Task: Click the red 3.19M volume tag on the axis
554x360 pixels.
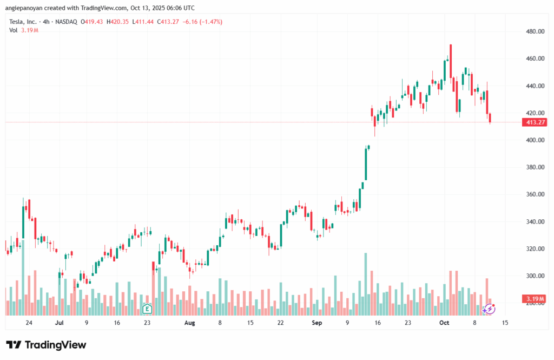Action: tap(535, 299)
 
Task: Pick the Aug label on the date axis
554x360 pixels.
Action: tap(189, 323)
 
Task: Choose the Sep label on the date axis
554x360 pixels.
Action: tap(317, 323)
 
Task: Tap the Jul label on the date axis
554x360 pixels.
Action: tap(60, 323)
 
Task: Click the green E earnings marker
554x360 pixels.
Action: tap(146, 309)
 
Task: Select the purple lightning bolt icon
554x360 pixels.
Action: tap(489, 309)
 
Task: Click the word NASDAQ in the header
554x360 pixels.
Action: tap(65, 22)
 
